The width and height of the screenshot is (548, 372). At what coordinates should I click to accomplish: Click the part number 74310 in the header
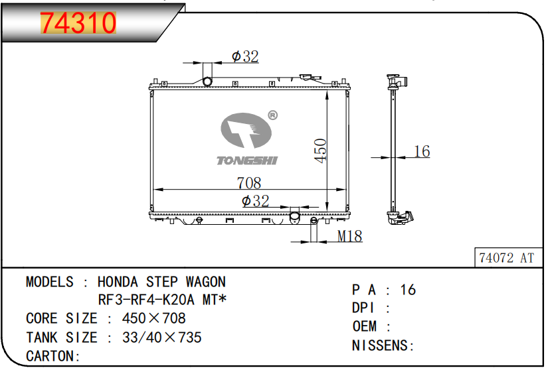(x=79, y=23)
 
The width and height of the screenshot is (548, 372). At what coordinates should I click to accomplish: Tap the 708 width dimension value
(x=249, y=182)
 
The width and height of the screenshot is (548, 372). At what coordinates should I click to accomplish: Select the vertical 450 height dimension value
(x=320, y=151)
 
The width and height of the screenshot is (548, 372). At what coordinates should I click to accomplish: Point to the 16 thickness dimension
(x=422, y=151)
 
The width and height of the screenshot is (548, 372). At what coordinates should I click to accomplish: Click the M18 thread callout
(x=349, y=236)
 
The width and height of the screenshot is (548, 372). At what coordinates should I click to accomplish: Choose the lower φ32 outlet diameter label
(x=255, y=201)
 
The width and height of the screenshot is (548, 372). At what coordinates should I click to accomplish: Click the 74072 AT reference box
(x=506, y=258)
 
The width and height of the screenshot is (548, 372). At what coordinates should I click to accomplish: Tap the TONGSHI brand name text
(x=248, y=160)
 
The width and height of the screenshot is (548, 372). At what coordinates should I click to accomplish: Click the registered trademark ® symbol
(x=272, y=115)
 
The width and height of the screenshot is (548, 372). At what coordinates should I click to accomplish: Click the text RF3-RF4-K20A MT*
(x=163, y=300)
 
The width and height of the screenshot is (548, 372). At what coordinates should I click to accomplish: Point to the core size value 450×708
(x=153, y=319)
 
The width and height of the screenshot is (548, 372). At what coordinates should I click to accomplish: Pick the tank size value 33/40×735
(x=161, y=338)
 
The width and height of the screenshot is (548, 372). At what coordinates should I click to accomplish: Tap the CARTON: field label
(x=53, y=356)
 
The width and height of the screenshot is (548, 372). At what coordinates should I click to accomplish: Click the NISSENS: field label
(x=383, y=345)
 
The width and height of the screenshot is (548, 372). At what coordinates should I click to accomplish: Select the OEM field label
(x=364, y=326)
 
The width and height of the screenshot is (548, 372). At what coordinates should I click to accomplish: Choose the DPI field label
(x=364, y=308)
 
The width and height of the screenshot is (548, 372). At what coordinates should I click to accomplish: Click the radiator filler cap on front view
(x=307, y=78)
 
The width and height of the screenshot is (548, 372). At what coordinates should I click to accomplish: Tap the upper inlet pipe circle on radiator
(x=207, y=82)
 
